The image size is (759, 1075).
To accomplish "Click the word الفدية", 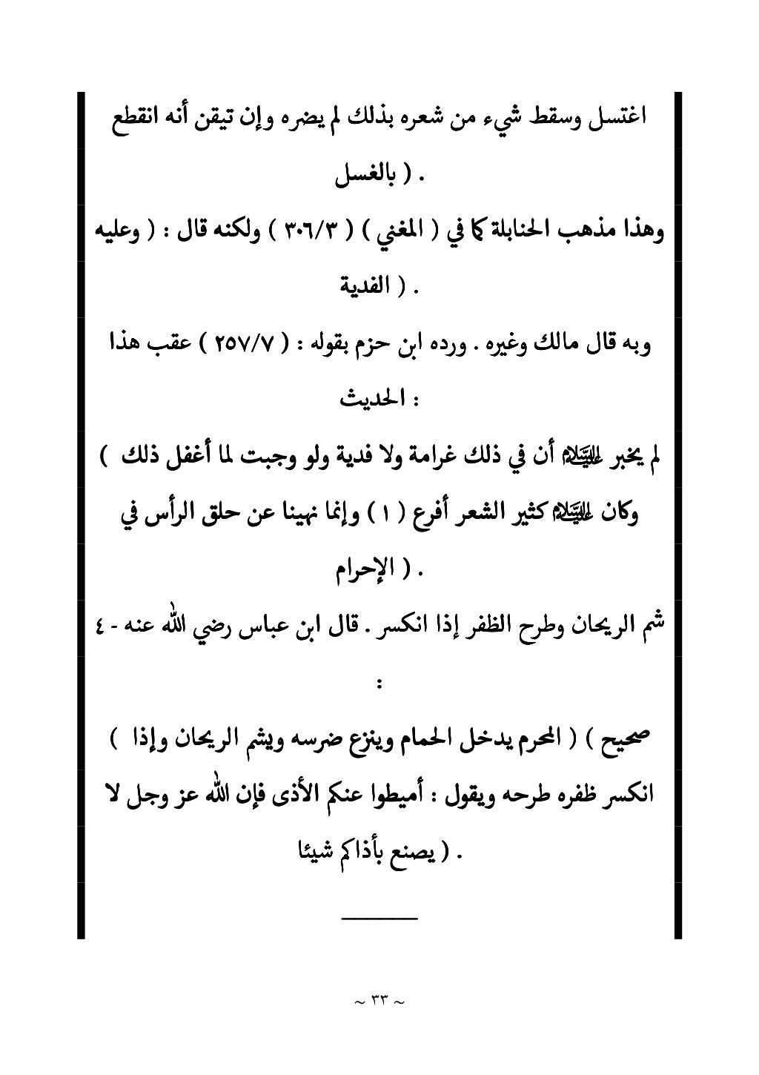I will [363, 286].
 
